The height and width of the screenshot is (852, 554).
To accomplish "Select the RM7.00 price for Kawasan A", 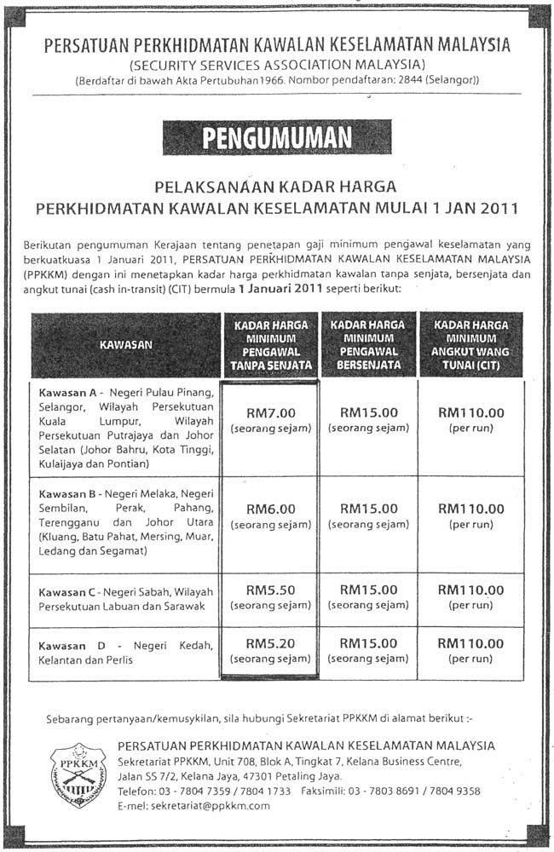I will tap(270, 412).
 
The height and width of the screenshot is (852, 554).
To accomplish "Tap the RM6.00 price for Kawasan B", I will tap(270, 509).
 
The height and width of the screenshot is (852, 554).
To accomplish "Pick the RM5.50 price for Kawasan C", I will tap(270, 590).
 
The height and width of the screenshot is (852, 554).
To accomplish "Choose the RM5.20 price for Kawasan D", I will tap(270, 643).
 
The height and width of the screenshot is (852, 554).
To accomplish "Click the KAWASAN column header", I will tap(125, 345).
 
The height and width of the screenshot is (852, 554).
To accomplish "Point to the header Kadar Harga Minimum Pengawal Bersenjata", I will tap(368, 345).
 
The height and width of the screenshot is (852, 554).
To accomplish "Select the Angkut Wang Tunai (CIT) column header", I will tap(470, 345).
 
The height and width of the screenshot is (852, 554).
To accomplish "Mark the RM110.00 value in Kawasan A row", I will tap(470, 412).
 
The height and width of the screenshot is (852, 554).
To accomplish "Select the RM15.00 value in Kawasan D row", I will tap(368, 643).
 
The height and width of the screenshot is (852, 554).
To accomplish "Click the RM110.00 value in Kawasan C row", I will tap(470, 590).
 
